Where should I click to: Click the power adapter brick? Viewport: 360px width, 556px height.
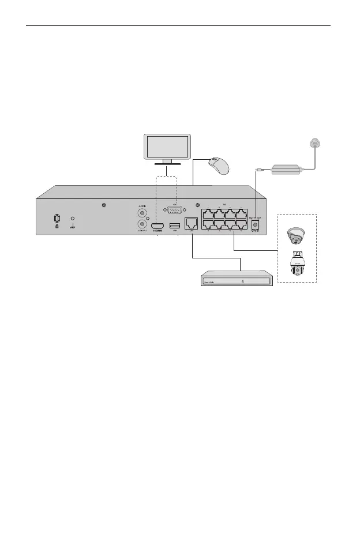pyautogui.click(x=286, y=170)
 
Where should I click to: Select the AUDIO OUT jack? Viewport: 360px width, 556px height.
pyautogui.click(x=140, y=226)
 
